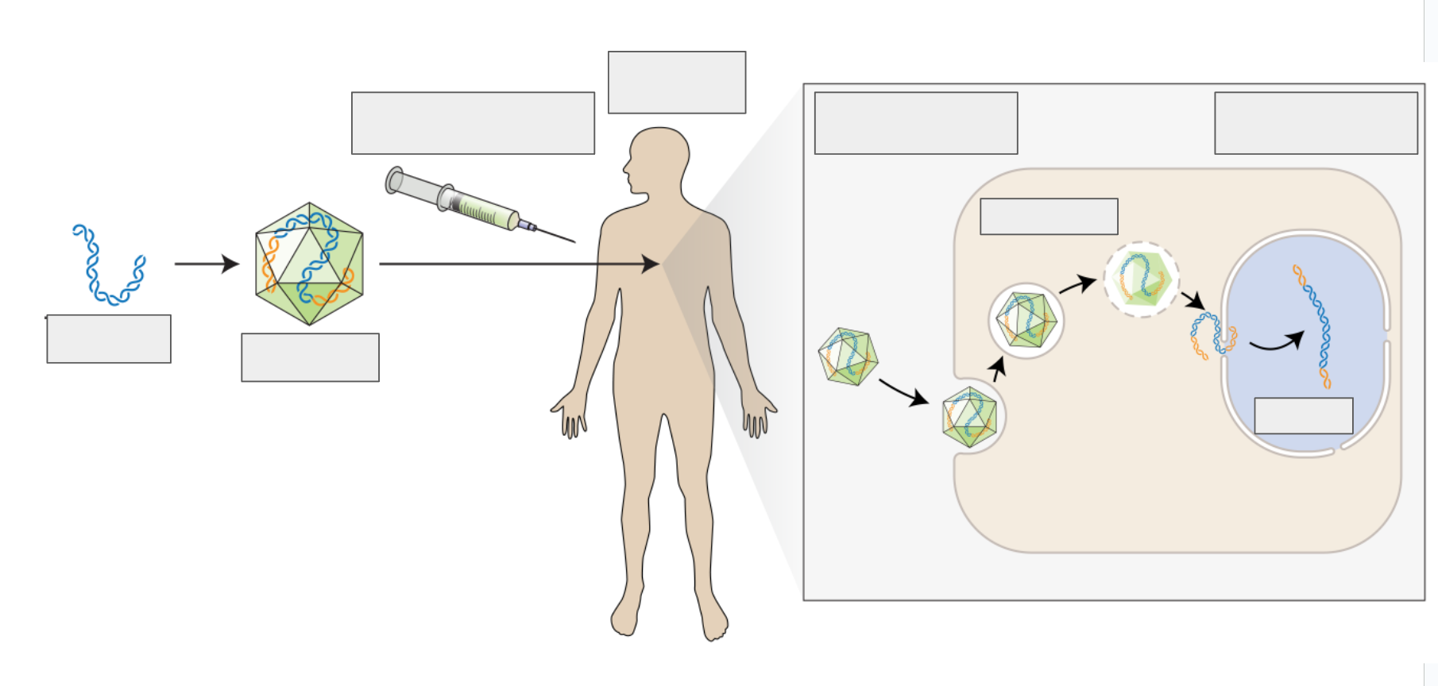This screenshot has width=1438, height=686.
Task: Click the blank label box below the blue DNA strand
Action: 109,339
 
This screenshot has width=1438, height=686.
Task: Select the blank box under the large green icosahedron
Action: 310,357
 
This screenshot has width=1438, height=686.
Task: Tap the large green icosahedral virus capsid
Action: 309,264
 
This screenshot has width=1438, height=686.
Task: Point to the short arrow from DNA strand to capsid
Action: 206,264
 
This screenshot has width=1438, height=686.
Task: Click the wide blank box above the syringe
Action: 473,123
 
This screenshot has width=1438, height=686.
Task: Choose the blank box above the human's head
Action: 677,83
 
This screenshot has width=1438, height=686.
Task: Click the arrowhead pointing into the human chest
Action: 651,264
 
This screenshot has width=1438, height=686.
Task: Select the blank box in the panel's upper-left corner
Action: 916,123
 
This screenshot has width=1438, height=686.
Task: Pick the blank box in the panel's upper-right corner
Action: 1316,123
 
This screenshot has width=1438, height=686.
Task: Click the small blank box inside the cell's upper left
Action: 1049,217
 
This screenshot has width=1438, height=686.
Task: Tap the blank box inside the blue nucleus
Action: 1303,416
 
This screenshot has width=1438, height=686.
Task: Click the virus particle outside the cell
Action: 848,356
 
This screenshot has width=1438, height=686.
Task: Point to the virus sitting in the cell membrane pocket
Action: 969,417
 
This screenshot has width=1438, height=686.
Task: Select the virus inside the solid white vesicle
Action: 1026,320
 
